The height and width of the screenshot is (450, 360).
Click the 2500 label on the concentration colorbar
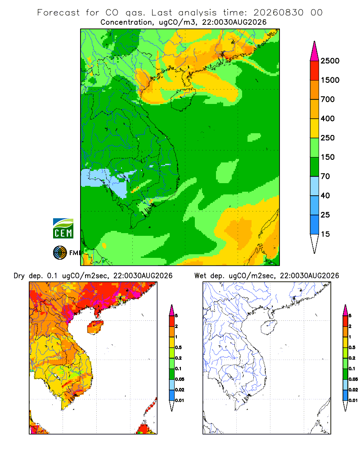point(330,61)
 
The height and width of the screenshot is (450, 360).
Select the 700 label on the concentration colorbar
point(328,99)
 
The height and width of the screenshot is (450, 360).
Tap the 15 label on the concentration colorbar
point(325,234)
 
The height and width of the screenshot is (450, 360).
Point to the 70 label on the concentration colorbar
point(325,176)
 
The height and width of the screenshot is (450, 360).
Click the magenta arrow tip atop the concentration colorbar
point(315,51)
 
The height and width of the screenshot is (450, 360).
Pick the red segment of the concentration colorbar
point(315,71)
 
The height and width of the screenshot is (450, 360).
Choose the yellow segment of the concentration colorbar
point(315,128)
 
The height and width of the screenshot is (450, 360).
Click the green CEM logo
point(63,229)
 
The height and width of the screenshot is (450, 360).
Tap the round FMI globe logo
point(60,253)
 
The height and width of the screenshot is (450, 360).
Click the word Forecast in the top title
point(58,13)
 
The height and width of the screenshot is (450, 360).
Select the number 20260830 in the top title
point(278,13)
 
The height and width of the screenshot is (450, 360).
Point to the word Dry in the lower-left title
point(19,276)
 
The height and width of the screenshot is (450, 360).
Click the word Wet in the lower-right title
point(200,276)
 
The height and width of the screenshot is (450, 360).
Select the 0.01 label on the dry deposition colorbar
point(180,400)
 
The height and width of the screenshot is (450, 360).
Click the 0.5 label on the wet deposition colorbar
point(352,347)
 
